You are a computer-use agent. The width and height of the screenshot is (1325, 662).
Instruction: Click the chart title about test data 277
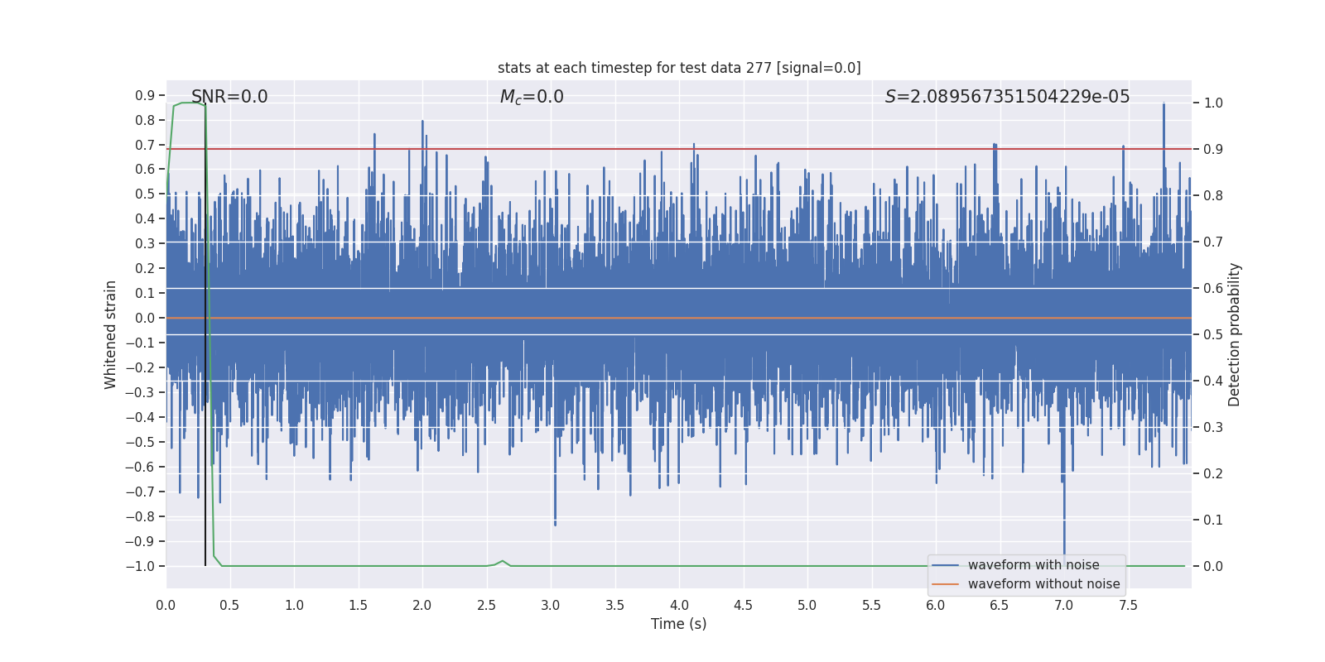click(x=679, y=68)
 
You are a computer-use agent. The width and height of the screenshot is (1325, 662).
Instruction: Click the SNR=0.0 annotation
click(x=229, y=97)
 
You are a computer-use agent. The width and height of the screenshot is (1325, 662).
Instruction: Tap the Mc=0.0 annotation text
click(x=532, y=97)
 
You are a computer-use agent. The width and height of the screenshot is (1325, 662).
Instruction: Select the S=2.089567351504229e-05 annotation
click(x=1007, y=97)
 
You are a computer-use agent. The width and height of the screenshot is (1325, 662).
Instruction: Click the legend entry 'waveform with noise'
click(x=1033, y=565)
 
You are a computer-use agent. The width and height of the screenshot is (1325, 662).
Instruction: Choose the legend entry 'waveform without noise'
click(x=1043, y=584)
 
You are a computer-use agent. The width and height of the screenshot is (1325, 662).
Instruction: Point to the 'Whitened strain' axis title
click(x=111, y=334)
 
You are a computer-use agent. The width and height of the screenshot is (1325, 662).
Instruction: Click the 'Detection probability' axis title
click(x=1235, y=334)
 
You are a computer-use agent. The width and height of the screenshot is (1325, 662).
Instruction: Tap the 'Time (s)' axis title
click(x=678, y=624)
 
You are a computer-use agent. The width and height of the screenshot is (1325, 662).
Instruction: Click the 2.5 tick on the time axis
click(x=486, y=606)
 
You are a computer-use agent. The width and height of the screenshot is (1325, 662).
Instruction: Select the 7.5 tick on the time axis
click(x=1128, y=606)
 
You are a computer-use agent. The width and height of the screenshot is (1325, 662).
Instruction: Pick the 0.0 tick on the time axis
click(x=166, y=606)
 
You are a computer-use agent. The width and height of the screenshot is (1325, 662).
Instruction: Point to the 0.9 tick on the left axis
click(x=145, y=96)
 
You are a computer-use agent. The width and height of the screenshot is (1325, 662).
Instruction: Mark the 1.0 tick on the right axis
click(x=1213, y=103)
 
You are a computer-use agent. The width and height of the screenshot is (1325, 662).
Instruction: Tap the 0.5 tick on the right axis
click(x=1213, y=335)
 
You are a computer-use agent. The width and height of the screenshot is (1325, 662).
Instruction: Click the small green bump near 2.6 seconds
click(x=502, y=561)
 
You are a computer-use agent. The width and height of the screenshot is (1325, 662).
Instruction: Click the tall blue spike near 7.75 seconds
click(x=1164, y=108)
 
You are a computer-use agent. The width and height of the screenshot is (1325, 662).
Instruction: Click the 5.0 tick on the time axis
click(x=807, y=606)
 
